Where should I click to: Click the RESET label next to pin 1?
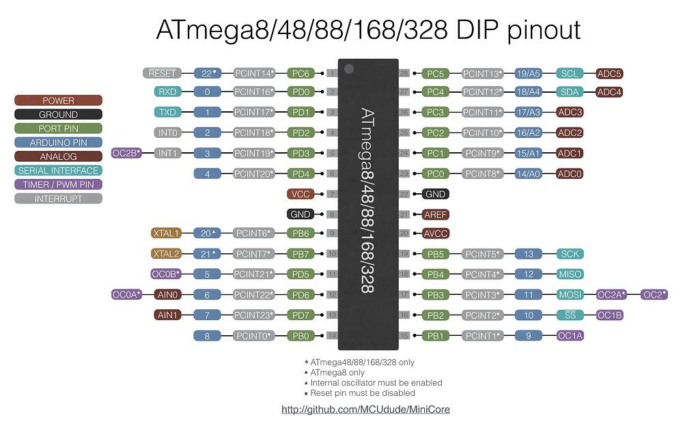point(162,73)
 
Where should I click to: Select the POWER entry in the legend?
point(58,100)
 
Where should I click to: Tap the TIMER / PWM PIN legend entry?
point(58,184)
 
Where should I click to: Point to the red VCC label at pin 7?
point(301,194)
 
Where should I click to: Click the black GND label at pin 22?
point(435,194)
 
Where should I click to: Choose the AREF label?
point(435,214)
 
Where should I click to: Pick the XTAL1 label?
point(166,233)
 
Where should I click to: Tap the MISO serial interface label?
point(570,274)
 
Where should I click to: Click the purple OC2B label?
point(126,153)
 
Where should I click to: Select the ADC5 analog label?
point(609,73)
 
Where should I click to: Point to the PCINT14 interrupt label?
point(254,73)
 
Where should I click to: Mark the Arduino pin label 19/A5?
point(528,73)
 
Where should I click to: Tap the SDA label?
point(570,92)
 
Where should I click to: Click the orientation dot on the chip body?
point(349,69)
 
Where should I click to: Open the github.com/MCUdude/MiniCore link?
point(365,410)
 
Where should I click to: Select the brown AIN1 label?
point(167,315)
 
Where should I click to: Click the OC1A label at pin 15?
point(570,335)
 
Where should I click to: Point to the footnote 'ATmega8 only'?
point(337,373)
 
